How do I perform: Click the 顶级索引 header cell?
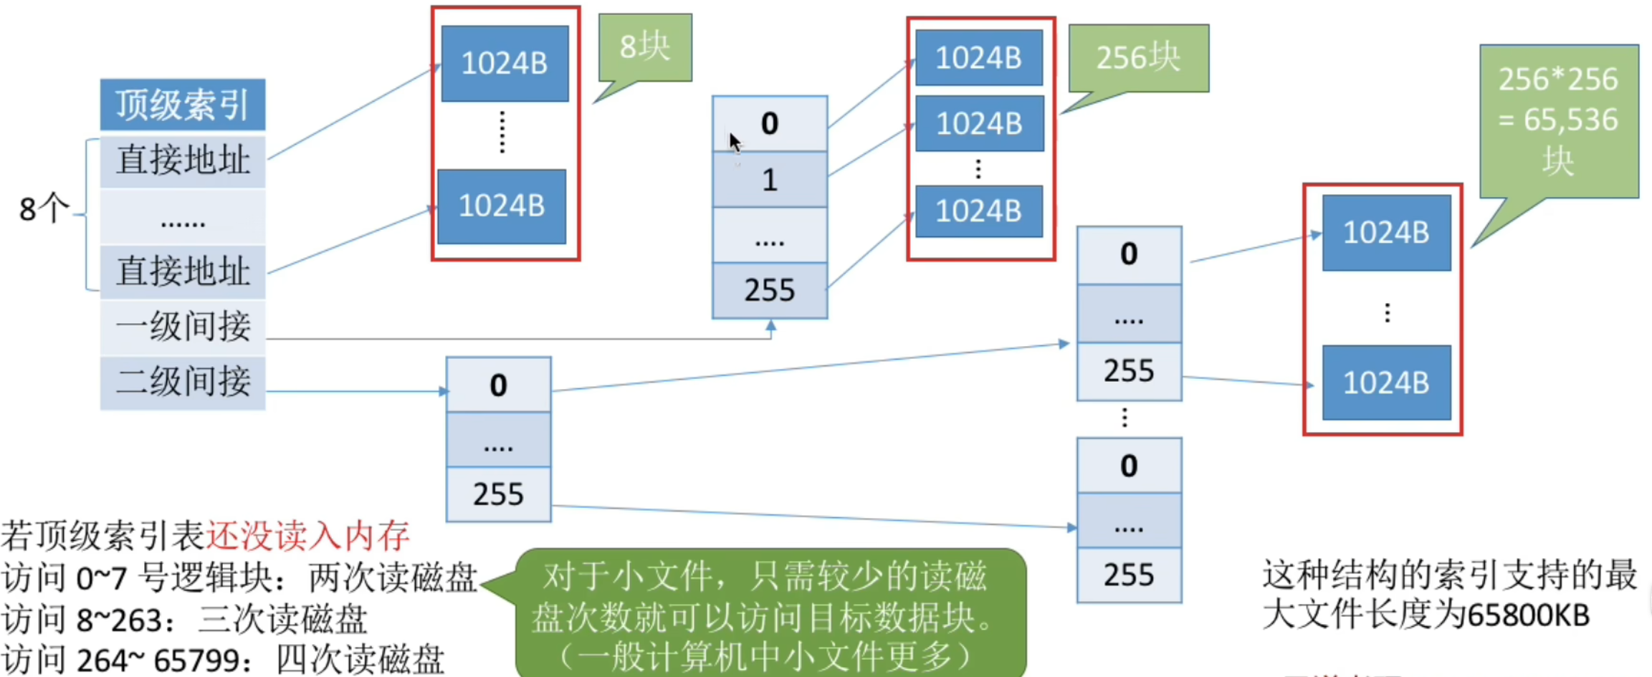182,105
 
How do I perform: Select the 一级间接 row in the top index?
182,327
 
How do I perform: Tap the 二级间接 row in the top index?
182,382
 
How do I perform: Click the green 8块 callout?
645,48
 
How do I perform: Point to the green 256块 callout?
1138,58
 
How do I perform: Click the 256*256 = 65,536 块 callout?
1559,120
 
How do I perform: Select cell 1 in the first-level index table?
770,180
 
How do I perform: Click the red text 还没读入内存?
307,535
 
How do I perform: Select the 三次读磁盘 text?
282,620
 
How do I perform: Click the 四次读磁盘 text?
360,660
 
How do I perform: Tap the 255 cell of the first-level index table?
770,290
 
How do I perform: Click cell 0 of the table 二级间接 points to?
498,385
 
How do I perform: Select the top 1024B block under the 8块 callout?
505,64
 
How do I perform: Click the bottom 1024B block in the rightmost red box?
1386,383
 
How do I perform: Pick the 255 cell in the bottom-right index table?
1129,575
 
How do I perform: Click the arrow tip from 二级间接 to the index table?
444,391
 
